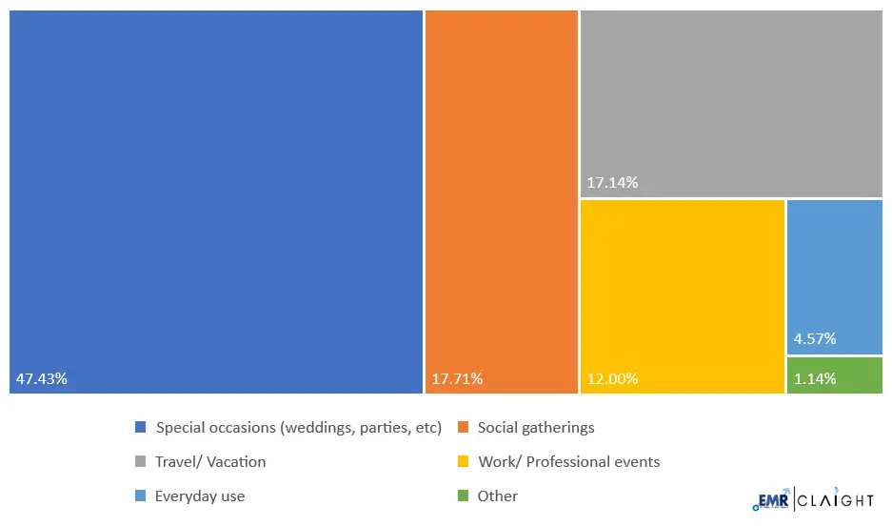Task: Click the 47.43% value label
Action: coord(41,379)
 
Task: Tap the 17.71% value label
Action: coord(457,379)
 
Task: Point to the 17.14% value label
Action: coord(612,182)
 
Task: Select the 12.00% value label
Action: coord(612,379)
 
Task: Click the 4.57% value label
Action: coord(815,338)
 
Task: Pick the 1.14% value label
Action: coord(815,379)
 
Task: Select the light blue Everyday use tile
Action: coord(835,267)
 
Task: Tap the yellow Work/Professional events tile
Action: coord(683,286)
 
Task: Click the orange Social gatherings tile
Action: coord(502,191)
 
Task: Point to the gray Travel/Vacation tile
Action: coord(731,95)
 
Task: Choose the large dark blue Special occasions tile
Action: coord(216,191)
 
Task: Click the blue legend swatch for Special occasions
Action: coord(141,428)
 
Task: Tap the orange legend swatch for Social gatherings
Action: coord(464,428)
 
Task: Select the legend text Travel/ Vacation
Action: coord(210,462)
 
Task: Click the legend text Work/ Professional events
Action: coord(568,462)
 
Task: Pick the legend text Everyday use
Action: coord(200,496)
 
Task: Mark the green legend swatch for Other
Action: coord(464,496)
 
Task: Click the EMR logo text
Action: coord(769,500)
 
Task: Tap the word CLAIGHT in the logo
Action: coord(835,500)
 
